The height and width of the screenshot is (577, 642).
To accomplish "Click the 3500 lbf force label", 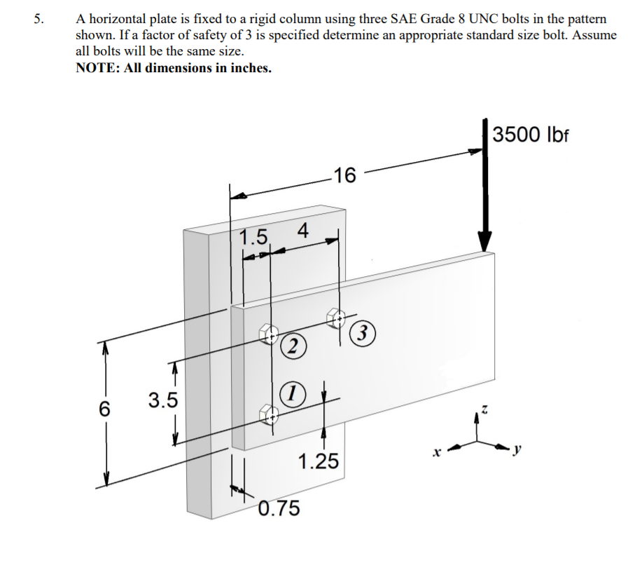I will (531, 134).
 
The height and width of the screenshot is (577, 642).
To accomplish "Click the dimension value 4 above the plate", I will (302, 229).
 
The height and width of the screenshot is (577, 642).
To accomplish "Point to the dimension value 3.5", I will (162, 400).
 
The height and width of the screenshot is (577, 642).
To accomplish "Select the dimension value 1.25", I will (317, 461).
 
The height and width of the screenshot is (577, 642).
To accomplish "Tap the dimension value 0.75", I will (279, 508).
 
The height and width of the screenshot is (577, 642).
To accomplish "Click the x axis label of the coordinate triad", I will (436, 454).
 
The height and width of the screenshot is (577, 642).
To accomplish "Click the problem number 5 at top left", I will (39, 19).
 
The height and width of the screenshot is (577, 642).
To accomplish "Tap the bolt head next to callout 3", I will (337, 318).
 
